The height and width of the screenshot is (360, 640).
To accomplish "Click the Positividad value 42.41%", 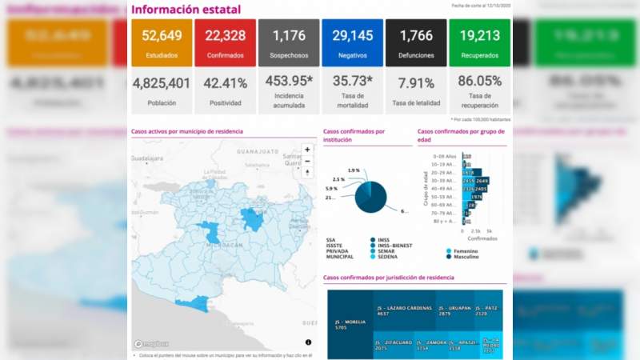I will pyautogui.click(x=225, y=83).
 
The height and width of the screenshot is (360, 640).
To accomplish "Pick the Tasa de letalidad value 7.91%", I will pyautogui.click(x=416, y=83).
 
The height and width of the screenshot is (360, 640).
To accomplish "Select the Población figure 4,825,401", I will pyautogui.click(x=161, y=83).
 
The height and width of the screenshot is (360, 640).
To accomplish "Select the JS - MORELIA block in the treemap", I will pyautogui.click(x=350, y=325).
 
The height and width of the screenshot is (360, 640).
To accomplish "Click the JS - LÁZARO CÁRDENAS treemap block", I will pyautogui.click(x=404, y=311).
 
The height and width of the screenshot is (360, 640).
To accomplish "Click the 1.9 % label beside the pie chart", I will pyautogui.click(x=354, y=170).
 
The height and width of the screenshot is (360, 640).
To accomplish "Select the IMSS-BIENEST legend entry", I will pyautogui.click(x=391, y=245).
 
